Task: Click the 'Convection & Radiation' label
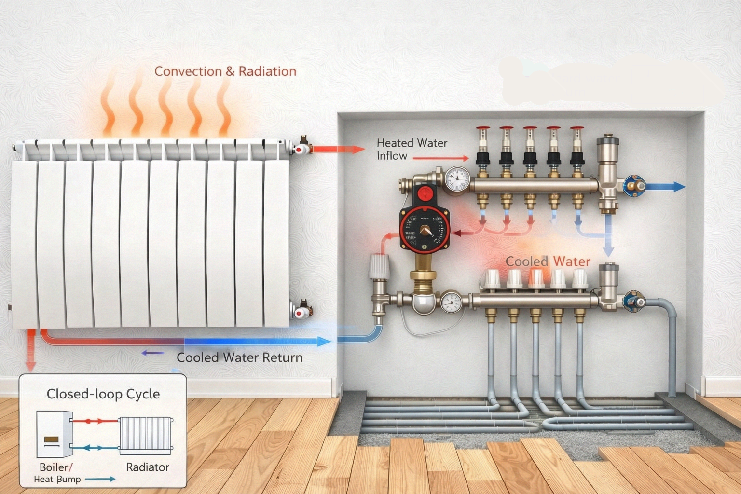(225, 71)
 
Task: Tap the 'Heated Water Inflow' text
(412, 149)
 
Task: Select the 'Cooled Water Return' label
(239, 357)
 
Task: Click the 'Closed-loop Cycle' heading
(103, 394)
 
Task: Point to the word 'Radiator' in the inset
(148, 467)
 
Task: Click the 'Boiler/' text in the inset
(56, 467)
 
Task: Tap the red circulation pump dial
(425, 229)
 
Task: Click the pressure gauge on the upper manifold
(456, 179)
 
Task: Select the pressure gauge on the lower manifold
(451, 302)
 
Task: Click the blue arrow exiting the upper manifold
(666, 187)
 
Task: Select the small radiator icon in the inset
(146, 435)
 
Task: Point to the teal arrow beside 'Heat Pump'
(101, 479)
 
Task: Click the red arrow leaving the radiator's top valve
(337, 149)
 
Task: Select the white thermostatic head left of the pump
(379, 267)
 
